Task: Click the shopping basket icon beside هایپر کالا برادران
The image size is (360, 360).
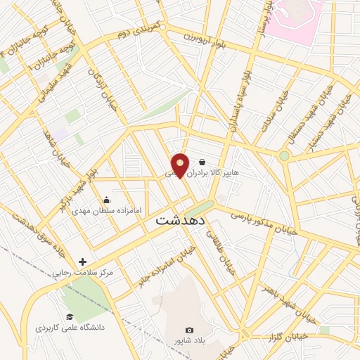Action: pos(202,162)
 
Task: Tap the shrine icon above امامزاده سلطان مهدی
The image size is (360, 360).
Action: pos(105,200)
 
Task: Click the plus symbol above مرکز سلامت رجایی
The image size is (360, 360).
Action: pos(83,262)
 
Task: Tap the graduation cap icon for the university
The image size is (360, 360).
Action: pos(69,317)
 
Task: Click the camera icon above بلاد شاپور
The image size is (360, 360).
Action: pos(188,330)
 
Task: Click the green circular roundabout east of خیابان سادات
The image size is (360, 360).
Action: pos(284,155)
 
